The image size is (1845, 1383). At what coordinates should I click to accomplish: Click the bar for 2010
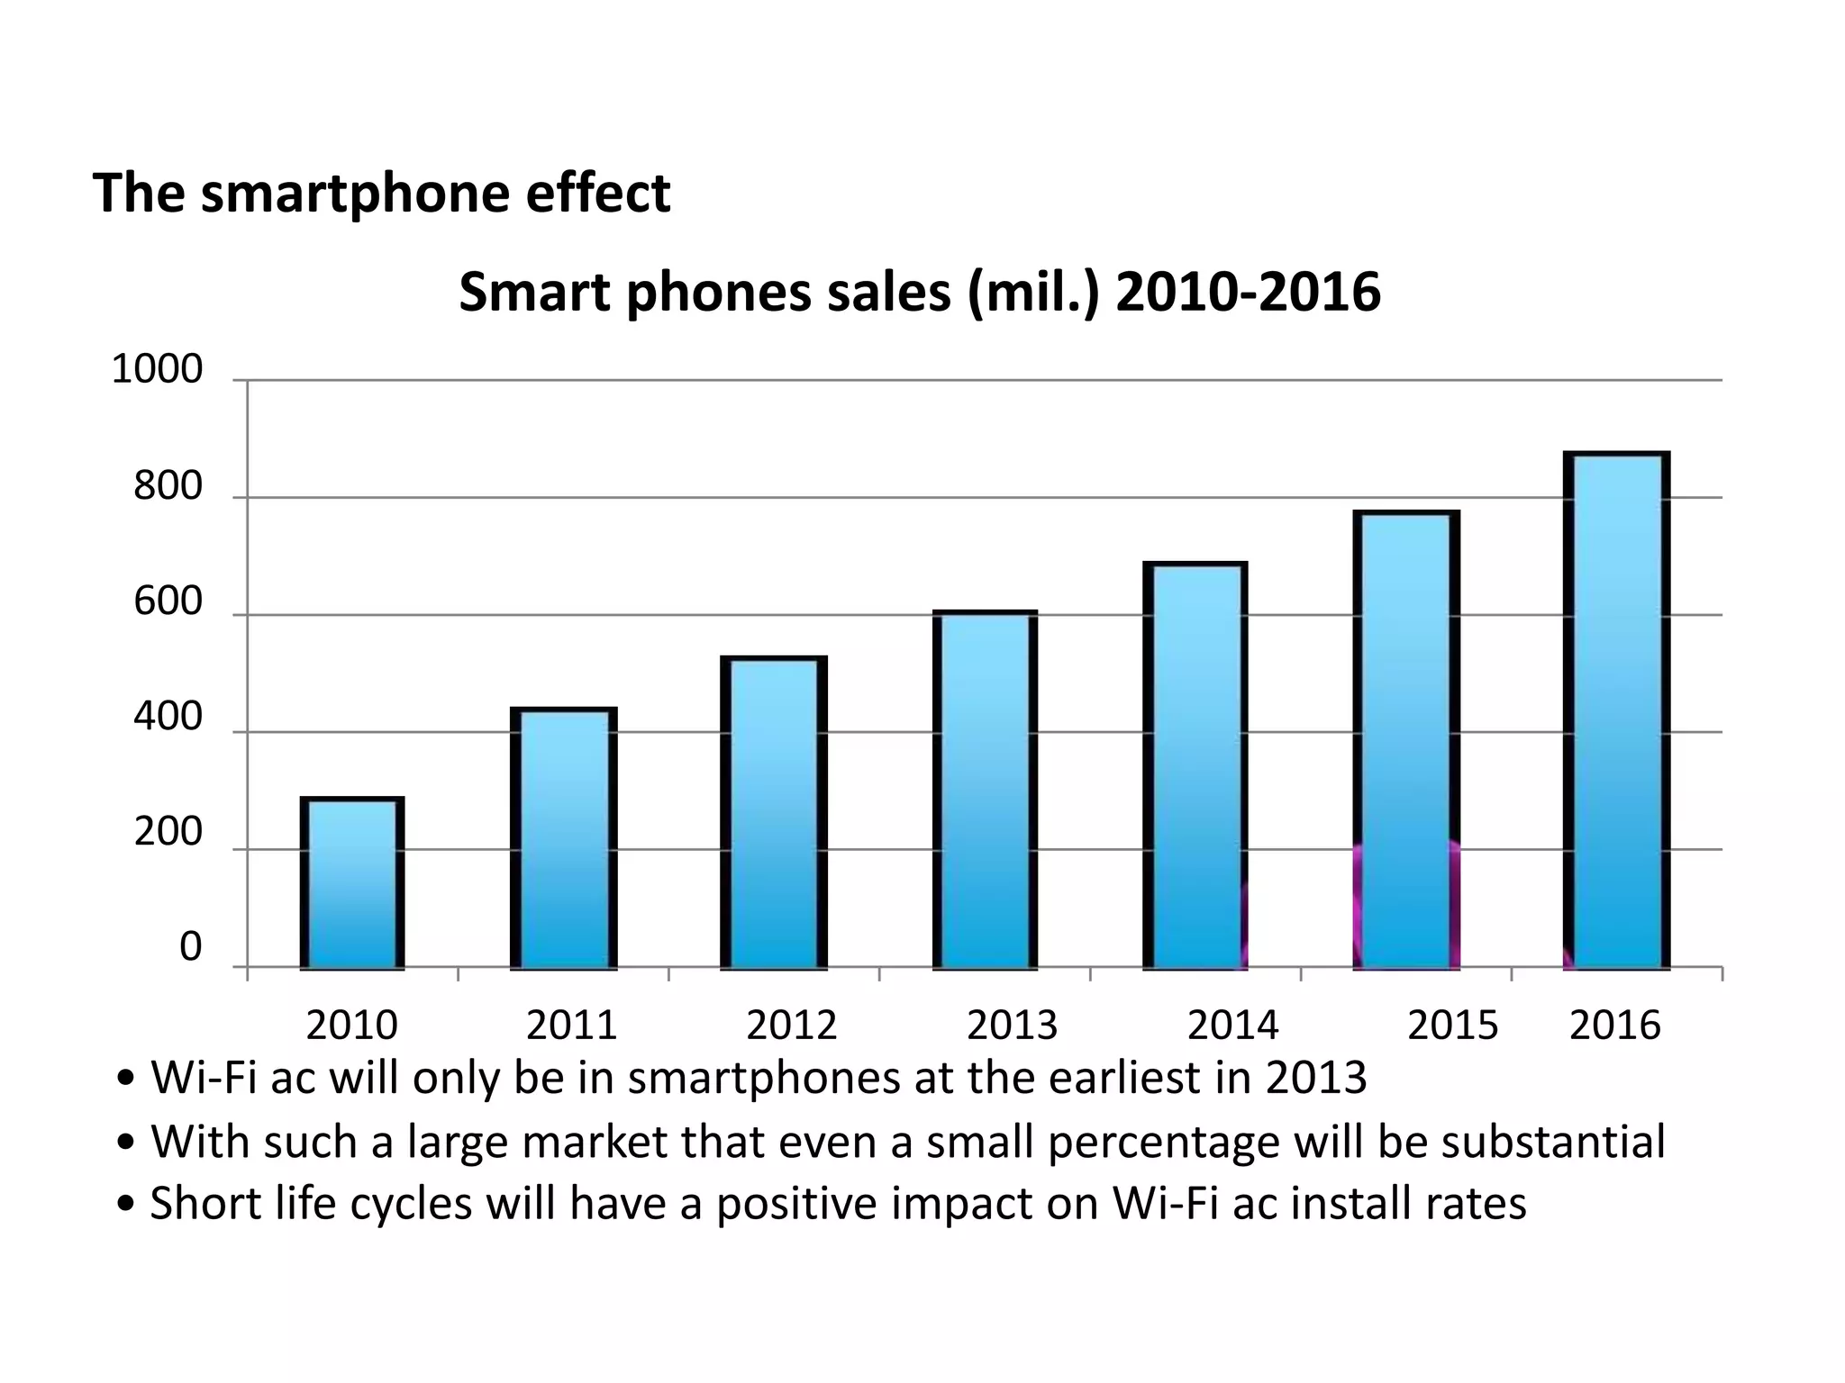[351, 882]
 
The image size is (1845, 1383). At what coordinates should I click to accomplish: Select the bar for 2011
[563, 837]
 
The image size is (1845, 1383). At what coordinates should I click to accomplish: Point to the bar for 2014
[1195, 765]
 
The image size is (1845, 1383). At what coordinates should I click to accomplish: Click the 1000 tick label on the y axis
[157, 370]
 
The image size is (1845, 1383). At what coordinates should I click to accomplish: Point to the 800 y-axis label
[168, 486]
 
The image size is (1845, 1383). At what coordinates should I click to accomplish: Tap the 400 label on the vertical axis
[168, 718]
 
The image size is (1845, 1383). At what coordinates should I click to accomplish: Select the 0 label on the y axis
[190, 947]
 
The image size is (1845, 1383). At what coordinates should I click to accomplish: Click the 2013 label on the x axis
[1012, 1025]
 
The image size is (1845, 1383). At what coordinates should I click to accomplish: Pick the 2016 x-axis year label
[1614, 1025]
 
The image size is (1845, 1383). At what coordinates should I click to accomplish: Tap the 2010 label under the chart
[351, 1025]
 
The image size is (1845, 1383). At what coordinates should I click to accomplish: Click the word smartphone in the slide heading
[355, 194]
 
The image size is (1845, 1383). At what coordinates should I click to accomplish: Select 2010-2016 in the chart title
[1248, 293]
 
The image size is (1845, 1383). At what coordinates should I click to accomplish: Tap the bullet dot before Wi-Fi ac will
[127, 1079]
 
